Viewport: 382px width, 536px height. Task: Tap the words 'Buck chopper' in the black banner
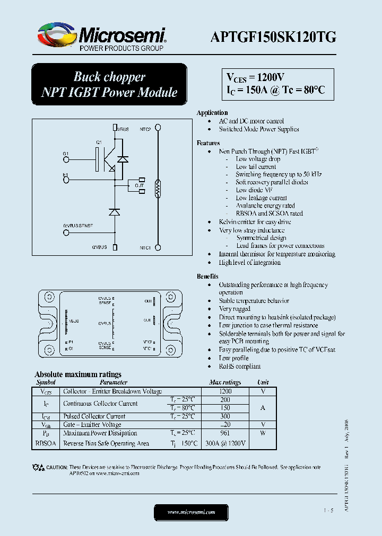pos(109,77)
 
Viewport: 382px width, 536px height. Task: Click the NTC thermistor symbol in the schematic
pos(157,189)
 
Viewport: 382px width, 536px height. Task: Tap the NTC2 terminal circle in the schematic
pos(157,128)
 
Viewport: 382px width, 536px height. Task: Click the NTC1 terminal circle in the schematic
pos(157,247)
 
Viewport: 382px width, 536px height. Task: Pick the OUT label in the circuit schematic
pos(140,185)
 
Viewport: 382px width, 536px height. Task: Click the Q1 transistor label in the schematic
pos(99,143)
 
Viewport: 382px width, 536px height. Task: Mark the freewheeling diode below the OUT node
pos(114,212)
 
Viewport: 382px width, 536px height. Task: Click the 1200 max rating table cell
pos(225,391)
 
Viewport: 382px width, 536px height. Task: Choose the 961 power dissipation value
pos(225,433)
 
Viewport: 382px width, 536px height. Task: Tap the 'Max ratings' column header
pos(225,382)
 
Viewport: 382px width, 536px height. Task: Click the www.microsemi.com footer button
pos(191,512)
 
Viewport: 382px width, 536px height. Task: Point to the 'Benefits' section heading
pos(207,276)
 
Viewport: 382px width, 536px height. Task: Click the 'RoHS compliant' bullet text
pos(240,367)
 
